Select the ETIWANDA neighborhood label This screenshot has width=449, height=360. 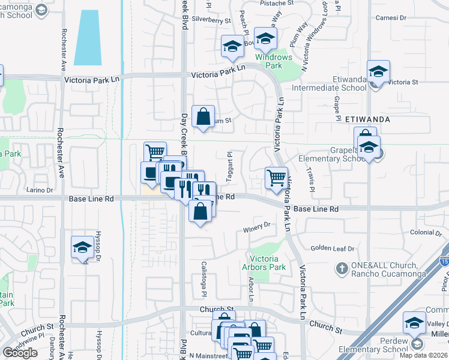click(368, 119)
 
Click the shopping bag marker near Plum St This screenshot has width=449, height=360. click(203, 116)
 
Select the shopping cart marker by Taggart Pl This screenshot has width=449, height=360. click(276, 177)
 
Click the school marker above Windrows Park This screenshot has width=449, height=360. click(265, 40)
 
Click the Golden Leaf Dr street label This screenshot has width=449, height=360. click(333, 248)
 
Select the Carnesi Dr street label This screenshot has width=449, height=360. click(408, 17)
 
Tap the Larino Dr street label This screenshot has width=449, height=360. click(40, 190)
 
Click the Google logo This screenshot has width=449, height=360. click(20, 353)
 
